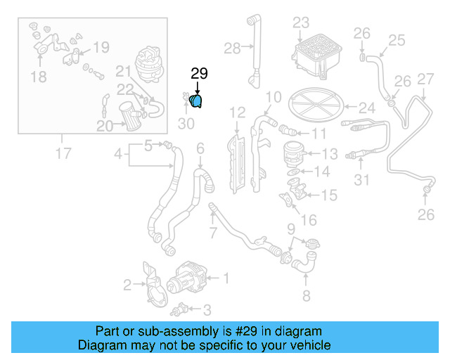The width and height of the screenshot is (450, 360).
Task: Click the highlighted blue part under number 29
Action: click(x=197, y=103)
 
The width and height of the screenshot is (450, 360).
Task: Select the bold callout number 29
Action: click(x=200, y=74)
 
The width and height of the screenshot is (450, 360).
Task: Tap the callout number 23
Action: click(x=300, y=22)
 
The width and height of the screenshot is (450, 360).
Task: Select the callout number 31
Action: click(x=361, y=181)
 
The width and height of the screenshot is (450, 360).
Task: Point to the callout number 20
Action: click(x=105, y=127)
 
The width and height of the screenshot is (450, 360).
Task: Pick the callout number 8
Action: click(x=306, y=295)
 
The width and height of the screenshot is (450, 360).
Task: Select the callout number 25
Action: click(x=397, y=40)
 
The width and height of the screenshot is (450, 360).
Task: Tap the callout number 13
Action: click(x=329, y=153)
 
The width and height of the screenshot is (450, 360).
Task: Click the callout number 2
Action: click(x=127, y=285)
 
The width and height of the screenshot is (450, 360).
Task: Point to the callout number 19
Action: click(x=101, y=47)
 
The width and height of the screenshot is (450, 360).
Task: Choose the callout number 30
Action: click(x=186, y=124)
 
